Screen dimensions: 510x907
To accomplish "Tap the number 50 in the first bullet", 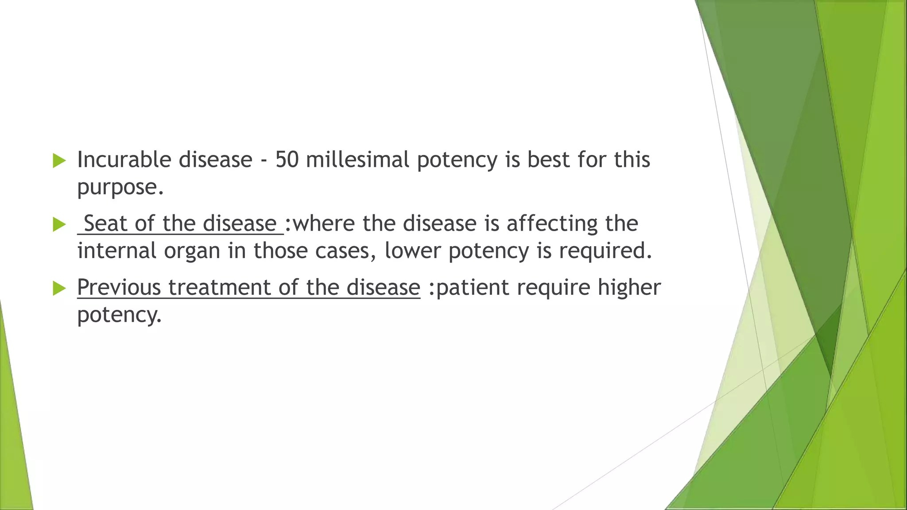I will click(x=287, y=160).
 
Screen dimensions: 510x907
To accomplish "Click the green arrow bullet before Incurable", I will click(x=59, y=161).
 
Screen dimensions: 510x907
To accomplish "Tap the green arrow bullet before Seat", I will click(x=59, y=224).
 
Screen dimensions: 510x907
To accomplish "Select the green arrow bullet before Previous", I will click(x=59, y=288).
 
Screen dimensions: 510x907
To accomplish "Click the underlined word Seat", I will click(x=105, y=224).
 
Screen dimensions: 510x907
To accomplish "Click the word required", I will click(x=605, y=251).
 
